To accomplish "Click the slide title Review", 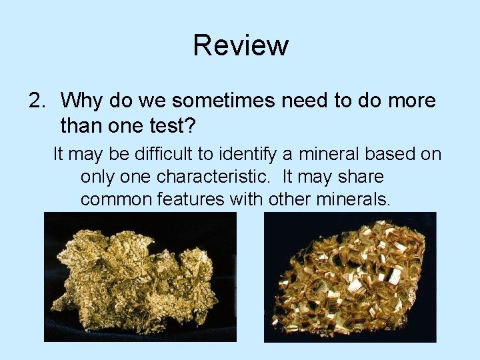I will click(241, 45).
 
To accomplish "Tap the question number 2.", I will click(36, 101).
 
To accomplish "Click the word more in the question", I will click(409, 101).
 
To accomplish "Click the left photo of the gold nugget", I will click(140, 277).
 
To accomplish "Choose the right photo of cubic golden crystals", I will click(350, 277).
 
